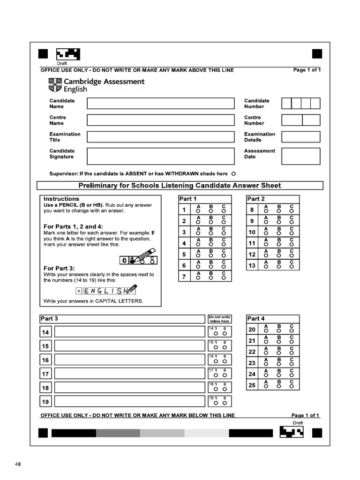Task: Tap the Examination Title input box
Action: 160,137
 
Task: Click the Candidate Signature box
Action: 160,156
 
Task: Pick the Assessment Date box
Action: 300,156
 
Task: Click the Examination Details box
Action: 300,137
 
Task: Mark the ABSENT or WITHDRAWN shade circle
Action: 233,174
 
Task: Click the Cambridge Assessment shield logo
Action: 54,85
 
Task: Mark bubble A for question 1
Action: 198,211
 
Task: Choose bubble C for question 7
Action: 224,278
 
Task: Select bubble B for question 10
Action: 279,234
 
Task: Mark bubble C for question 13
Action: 292,267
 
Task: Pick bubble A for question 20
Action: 266,331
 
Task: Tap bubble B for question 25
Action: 279,387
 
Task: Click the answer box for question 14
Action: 130,332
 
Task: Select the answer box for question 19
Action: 130,402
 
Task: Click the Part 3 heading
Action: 50,319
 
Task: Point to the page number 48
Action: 18,464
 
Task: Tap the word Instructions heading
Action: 61,199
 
